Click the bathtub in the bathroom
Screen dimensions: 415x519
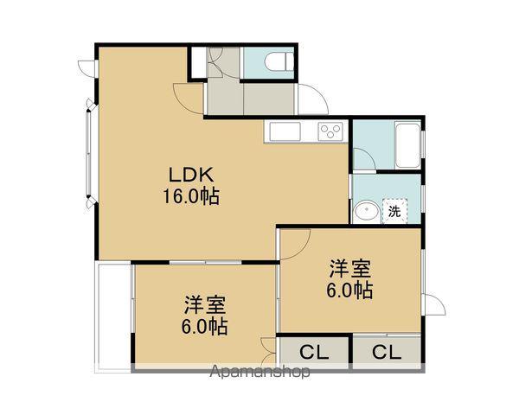point(406,145)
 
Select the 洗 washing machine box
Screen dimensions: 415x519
point(395,210)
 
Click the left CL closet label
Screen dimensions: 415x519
point(313,353)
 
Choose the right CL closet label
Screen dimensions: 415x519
point(386,353)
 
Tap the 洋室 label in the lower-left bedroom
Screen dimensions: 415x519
point(205,305)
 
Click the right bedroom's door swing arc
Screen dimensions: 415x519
point(294,242)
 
